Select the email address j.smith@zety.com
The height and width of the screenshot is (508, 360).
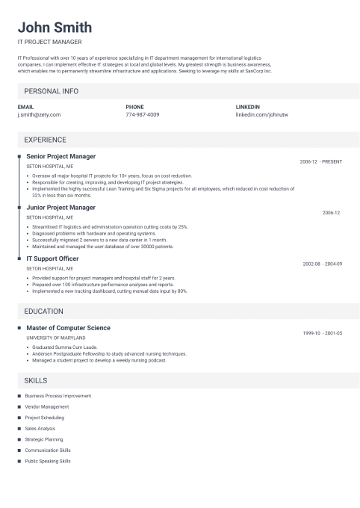[39, 115]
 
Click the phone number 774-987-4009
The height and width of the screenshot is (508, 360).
[143, 115]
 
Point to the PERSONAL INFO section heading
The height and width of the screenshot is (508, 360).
[51, 91]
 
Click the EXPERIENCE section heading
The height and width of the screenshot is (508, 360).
[45, 140]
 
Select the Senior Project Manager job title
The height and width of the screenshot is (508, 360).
[61, 157]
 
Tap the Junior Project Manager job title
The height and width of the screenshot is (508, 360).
[60, 207]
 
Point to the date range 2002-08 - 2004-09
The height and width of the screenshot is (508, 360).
[323, 264]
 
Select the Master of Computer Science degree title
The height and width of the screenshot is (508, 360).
[68, 328]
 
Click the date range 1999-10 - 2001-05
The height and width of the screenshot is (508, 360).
[323, 333]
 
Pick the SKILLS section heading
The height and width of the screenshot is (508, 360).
[36, 380]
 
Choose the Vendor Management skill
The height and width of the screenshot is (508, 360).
[46, 406]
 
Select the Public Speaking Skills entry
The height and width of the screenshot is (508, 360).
[48, 462]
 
